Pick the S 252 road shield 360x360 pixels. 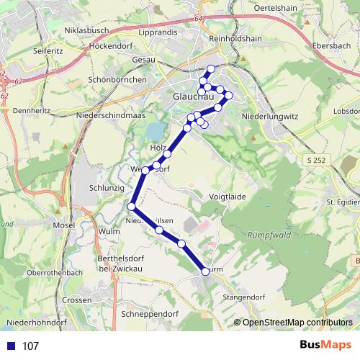pos(315,158)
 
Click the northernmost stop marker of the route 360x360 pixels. pos(211,69)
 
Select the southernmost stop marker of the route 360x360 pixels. pos(205,271)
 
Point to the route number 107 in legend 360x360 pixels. pos(30,346)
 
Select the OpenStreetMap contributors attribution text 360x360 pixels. pos(297,323)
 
